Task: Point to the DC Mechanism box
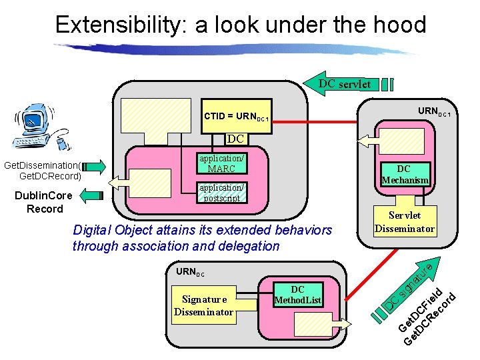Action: point(405,175)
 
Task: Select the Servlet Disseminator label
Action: point(404,222)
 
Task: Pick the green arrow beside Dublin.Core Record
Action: point(93,195)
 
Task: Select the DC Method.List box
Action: point(297,295)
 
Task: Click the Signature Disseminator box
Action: point(203,305)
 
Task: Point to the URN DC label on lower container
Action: point(190,272)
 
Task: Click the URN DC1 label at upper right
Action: point(434,111)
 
